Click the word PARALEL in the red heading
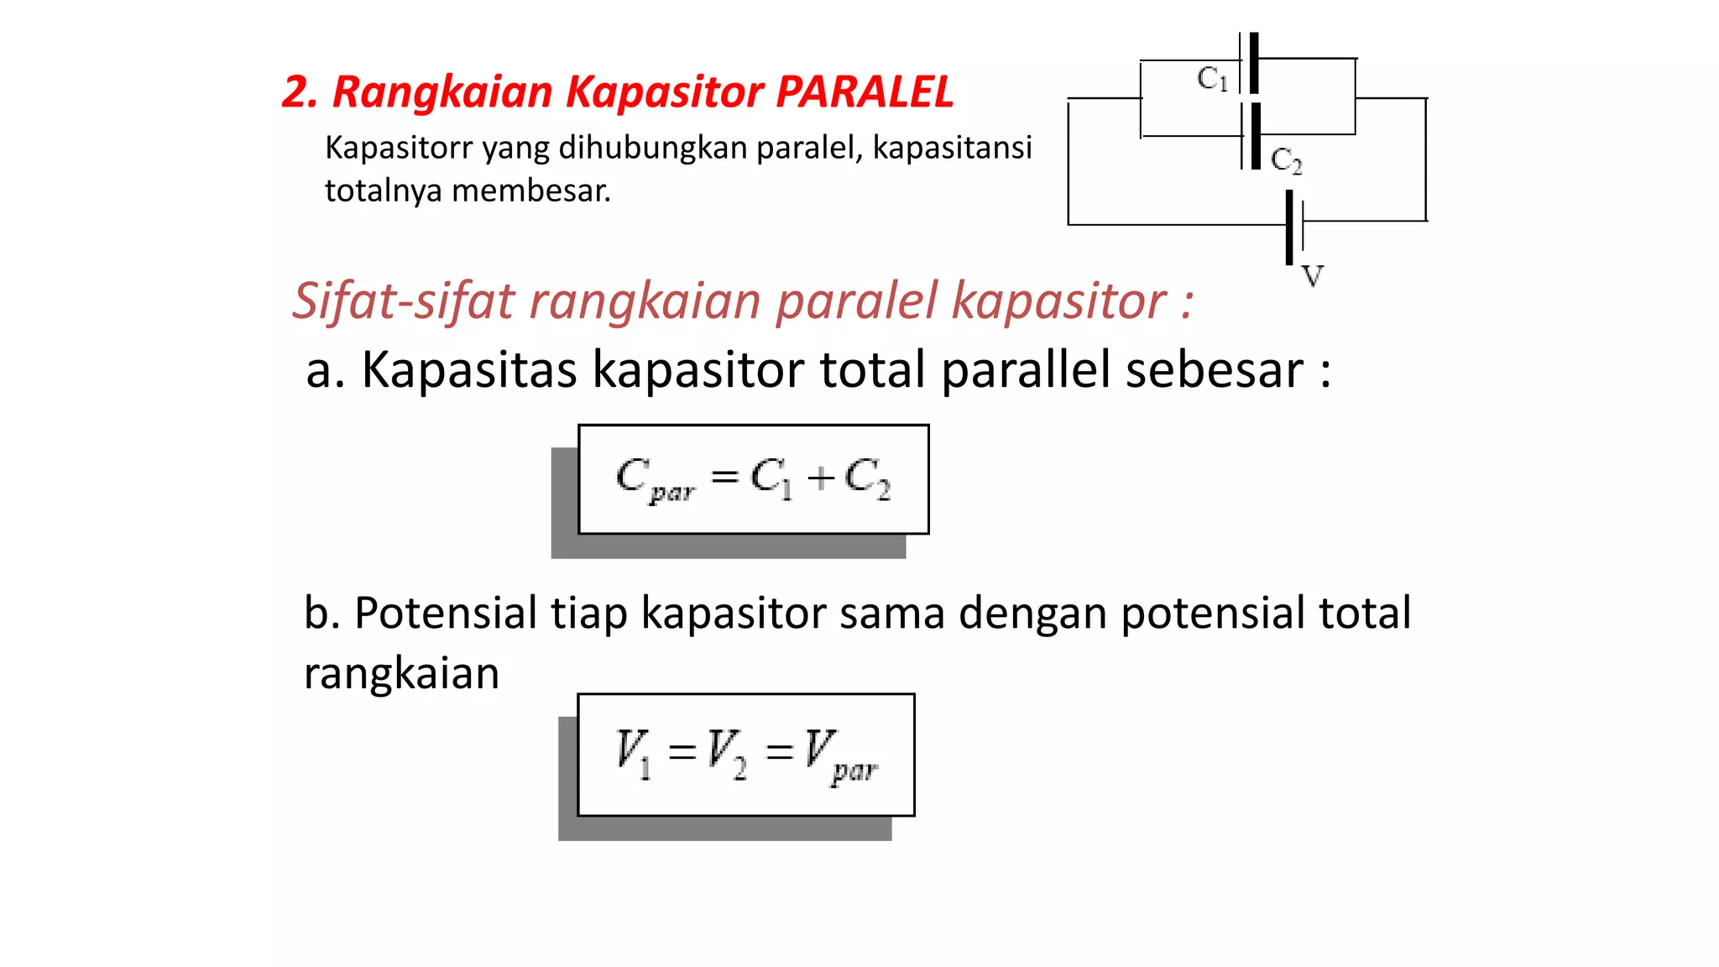[x=865, y=91]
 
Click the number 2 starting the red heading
[x=298, y=92]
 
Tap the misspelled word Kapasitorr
[x=399, y=148]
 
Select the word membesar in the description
[x=531, y=191]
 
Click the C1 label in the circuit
[x=1212, y=79]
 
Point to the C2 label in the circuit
[x=1286, y=159]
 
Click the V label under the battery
[x=1312, y=275]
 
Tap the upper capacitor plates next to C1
[x=1250, y=63]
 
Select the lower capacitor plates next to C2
[x=1251, y=136]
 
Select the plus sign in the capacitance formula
[x=820, y=478]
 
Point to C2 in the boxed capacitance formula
[x=867, y=478]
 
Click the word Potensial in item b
[x=445, y=613]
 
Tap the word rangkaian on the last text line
[x=401, y=673]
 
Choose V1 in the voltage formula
[x=633, y=752]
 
